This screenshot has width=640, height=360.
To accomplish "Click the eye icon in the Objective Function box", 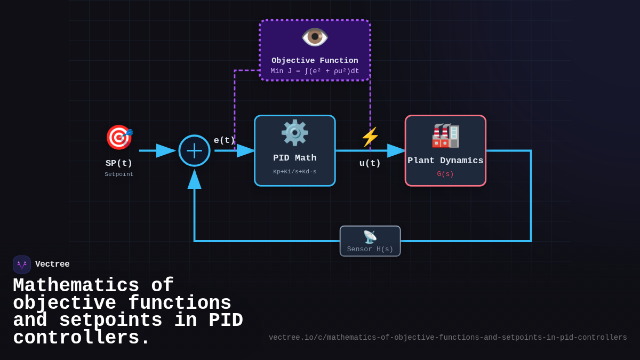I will point(315,37).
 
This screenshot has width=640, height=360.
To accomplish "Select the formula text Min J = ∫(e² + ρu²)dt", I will point(315,71).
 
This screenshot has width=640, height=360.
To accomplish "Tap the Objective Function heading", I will point(315,61).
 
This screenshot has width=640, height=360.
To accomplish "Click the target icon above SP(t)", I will point(119,137).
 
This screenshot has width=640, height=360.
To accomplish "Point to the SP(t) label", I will point(119,163).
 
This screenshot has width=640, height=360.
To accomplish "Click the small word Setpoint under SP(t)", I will point(119,174).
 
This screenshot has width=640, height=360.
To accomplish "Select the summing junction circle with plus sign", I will point(194,150).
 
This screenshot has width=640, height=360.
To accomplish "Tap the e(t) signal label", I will point(224,140).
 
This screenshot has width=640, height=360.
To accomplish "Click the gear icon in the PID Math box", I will point(294,133).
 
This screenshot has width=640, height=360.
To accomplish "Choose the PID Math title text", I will point(294,158).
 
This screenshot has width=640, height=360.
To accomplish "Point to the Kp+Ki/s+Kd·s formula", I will point(294,172).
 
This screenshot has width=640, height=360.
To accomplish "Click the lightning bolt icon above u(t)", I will point(370,137).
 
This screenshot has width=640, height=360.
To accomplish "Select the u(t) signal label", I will point(370,163).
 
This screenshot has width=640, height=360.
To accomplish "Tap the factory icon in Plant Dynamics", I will point(445,135).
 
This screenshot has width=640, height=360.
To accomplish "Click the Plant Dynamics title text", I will point(445,161).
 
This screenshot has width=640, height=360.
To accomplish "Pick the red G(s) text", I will point(445,174).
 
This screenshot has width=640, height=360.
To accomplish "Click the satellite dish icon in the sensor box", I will point(370,237).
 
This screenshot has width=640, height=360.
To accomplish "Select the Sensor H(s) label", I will point(370,249).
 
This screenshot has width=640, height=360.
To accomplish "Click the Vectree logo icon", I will point(22,265).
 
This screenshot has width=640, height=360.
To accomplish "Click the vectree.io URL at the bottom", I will point(447,338).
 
